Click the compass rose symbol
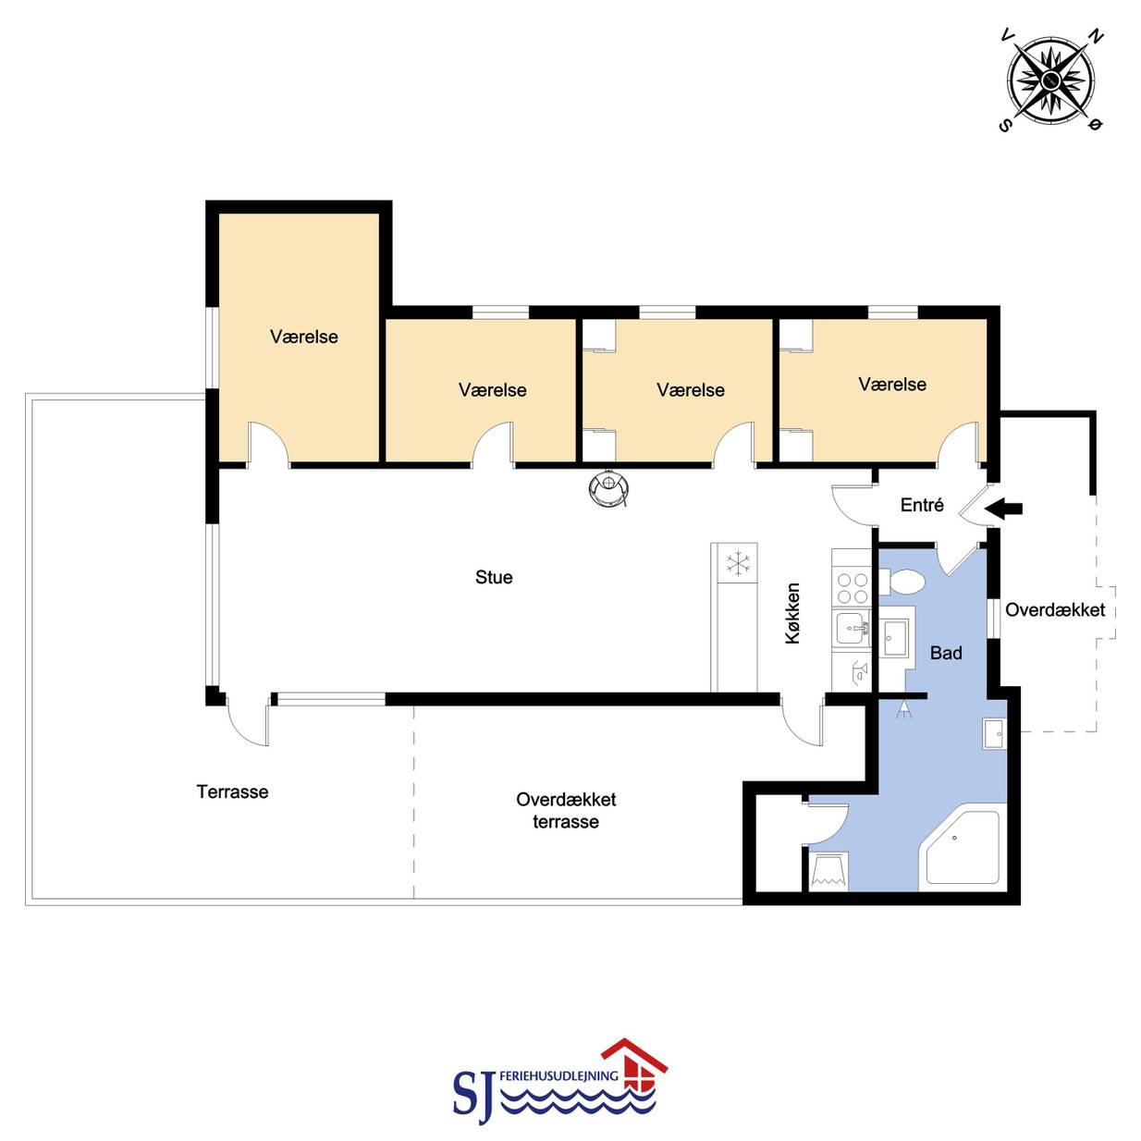point(1050,81)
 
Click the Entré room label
point(922,505)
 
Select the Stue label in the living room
point(494,577)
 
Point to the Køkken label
point(792,613)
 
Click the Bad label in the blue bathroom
point(946,653)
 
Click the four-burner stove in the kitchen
point(851,587)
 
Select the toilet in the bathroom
point(902,582)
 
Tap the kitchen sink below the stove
point(852,627)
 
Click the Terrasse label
point(233,791)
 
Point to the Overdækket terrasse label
point(566,810)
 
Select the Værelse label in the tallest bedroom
point(304,337)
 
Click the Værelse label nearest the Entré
point(892,385)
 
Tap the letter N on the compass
point(1097,37)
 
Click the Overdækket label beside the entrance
point(1055,610)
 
